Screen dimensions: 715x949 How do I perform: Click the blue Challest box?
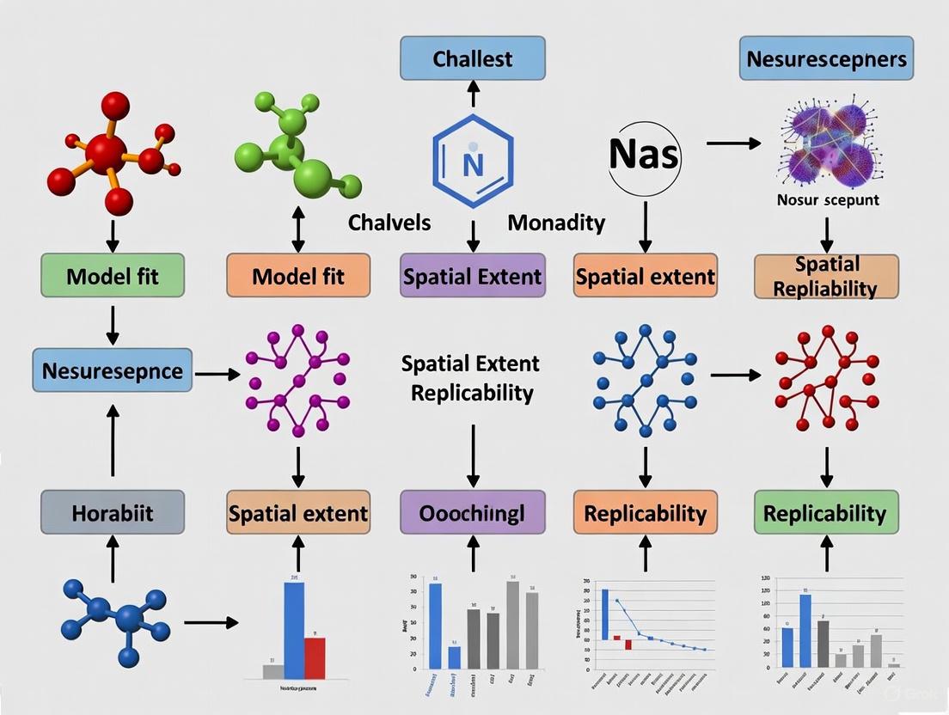[472, 59]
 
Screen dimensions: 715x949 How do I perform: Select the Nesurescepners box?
[826, 59]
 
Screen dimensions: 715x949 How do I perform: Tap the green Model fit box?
[113, 276]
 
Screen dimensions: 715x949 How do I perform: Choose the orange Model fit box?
[298, 276]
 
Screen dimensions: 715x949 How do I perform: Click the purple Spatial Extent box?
[472, 276]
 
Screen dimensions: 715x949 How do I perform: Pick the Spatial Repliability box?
[826, 276]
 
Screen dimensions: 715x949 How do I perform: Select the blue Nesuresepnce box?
[113, 370]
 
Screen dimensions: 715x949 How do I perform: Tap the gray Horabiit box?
[113, 513]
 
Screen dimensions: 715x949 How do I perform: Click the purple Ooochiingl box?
[472, 513]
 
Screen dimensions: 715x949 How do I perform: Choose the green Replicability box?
[826, 513]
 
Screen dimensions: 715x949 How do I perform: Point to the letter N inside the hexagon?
[472, 163]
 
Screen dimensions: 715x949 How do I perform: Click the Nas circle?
[644, 156]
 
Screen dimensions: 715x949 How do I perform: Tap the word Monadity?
[556, 223]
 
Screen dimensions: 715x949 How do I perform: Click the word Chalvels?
[389, 223]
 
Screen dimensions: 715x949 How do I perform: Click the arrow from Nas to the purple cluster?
[733, 144]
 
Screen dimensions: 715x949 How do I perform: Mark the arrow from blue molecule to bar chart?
[211, 621]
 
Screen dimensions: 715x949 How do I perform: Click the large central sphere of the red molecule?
[107, 154]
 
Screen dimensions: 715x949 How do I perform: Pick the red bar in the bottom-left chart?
[315, 657]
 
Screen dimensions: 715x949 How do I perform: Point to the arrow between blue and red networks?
[735, 375]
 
